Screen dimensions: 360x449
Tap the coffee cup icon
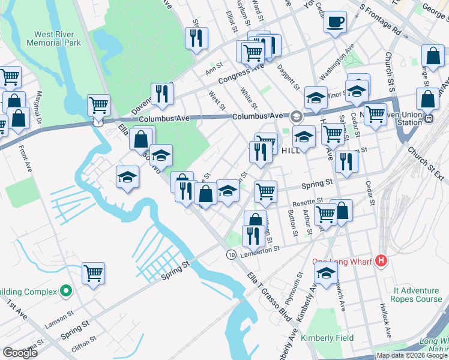coord(335,23)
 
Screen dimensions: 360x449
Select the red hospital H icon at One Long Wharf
coord(381,261)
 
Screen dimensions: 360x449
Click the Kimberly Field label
coord(327,338)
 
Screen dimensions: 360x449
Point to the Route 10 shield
coord(231,254)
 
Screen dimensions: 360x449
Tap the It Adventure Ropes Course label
coord(417,294)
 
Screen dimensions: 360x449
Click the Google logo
coord(20,352)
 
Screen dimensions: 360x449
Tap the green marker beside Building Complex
coord(67,292)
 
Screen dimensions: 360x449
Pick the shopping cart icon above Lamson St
coord(93,274)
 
